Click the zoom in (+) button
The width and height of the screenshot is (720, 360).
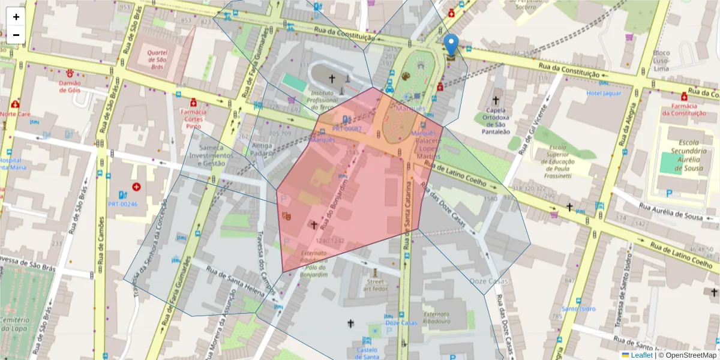click(x=16, y=17)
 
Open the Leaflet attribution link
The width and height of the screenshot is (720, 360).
click(x=641, y=355)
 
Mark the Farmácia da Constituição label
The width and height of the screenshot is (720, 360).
click(x=684, y=109)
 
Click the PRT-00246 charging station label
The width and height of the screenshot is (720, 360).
click(x=123, y=204)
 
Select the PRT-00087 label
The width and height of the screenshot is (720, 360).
click(x=347, y=128)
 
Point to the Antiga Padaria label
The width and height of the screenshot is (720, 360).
click(x=262, y=149)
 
